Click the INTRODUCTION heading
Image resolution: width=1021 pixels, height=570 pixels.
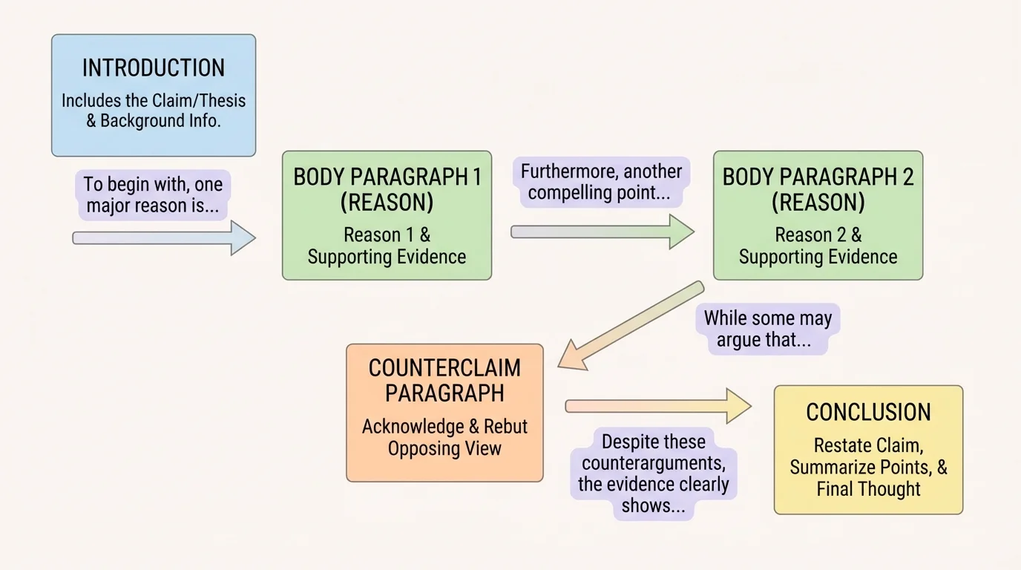(153, 68)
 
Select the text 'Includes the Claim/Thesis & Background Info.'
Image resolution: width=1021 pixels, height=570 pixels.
(153, 111)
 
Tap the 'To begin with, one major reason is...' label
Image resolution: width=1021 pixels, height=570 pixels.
(153, 194)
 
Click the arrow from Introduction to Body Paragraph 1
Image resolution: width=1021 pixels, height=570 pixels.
(163, 237)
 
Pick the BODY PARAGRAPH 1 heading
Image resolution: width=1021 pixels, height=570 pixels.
(387, 189)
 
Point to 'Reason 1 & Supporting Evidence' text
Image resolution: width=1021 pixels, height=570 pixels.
(387, 246)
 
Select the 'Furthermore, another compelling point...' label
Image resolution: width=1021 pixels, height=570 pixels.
(601, 183)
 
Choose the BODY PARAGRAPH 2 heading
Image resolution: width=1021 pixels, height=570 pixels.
(818, 189)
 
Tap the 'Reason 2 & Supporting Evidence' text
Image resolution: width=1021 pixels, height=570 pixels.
(818, 246)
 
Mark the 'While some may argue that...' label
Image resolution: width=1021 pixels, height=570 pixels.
(767, 330)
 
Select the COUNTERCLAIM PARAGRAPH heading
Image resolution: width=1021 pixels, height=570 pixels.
(444, 381)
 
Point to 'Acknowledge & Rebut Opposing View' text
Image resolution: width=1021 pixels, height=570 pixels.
(444, 438)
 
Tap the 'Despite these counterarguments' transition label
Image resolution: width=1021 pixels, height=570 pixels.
(654, 474)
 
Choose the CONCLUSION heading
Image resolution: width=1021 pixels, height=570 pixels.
(868, 413)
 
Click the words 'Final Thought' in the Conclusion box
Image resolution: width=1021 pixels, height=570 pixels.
(868, 489)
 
